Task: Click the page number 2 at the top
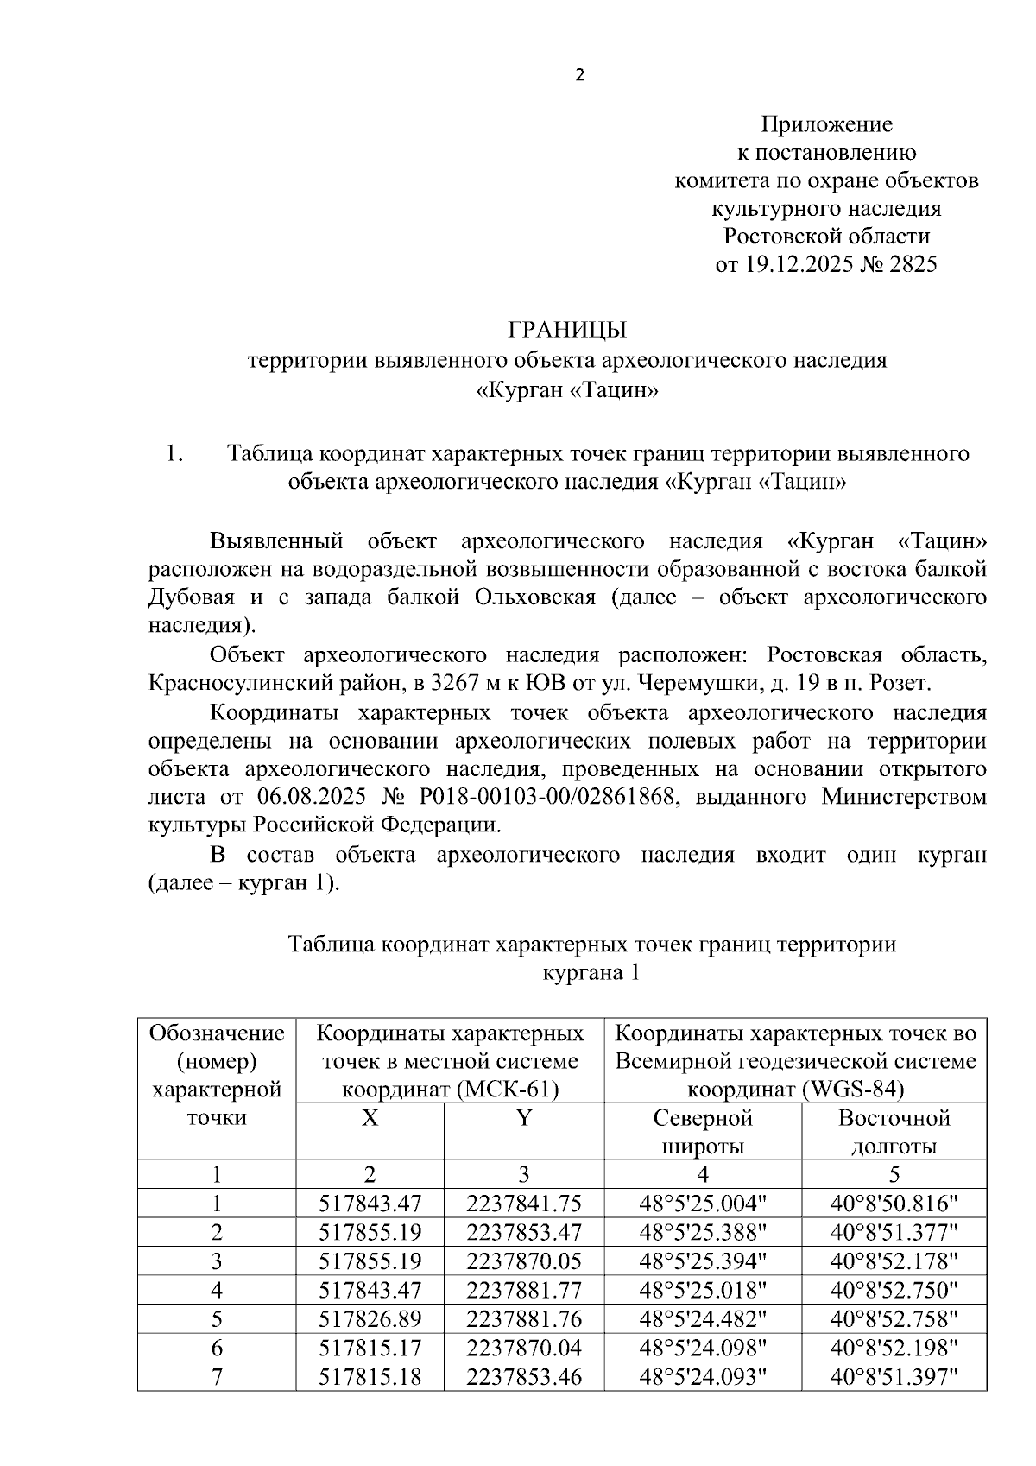coord(579,75)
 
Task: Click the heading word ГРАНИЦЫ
coord(566,330)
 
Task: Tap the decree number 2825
coord(906,264)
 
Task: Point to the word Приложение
coord(826,124)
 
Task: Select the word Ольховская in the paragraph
coord(534,597)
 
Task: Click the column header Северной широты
coord(703,1132)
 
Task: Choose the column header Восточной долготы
coord(894,1132)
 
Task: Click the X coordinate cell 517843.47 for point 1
coord(370,1204)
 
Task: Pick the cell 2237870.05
coord(524,1261)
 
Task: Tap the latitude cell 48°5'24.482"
coord(703,1318)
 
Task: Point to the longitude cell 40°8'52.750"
coord(894,1290)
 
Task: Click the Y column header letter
coord(524,1118)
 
